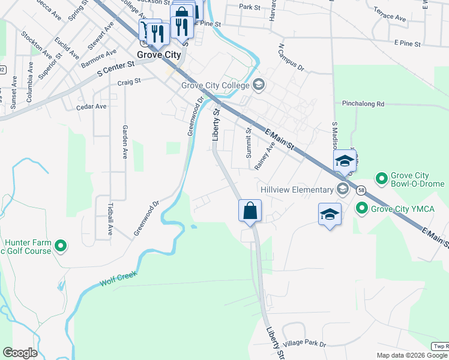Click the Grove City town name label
tap(160, 55)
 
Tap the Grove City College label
tap(215, 85)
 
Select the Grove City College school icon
tap(259, 84)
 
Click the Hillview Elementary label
tap(297, 190)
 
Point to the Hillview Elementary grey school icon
tap(343, 190)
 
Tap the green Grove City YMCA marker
tap(361, 209)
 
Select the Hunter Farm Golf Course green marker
tap(61, 246)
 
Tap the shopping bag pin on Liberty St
tap(250, 211)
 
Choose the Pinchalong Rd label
tap(363, 104)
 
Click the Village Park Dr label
tap(306, 344)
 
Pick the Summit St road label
tap(249, 143)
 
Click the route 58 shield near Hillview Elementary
tap(360, 190)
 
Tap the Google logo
tap(20, 353)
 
